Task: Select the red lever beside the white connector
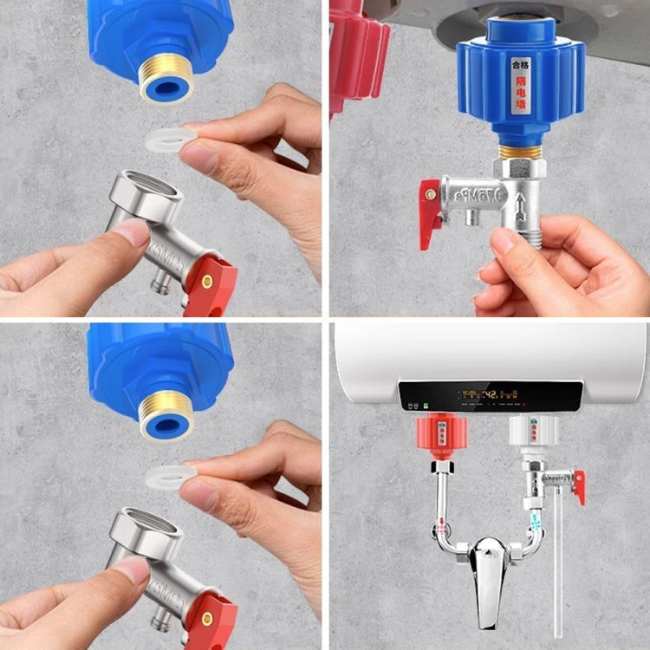(578, 485)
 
